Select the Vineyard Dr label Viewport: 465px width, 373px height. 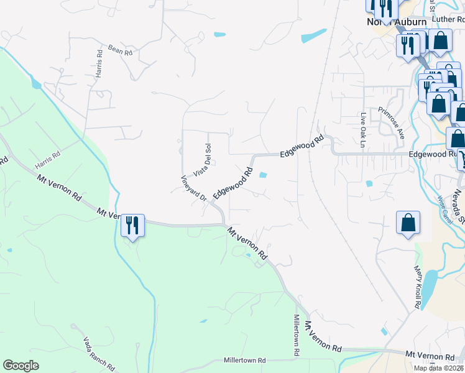193,188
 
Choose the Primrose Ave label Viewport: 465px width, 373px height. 392,122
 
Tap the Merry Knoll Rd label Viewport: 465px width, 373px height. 418,286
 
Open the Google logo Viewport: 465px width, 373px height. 21,366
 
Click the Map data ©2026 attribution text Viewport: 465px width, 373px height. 439,368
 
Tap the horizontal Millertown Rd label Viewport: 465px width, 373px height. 244,360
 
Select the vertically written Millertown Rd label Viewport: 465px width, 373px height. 297,334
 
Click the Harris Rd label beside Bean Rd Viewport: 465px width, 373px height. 99,63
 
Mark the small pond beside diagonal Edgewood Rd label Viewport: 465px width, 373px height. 263,175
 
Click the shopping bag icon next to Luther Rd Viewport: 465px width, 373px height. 440,41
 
